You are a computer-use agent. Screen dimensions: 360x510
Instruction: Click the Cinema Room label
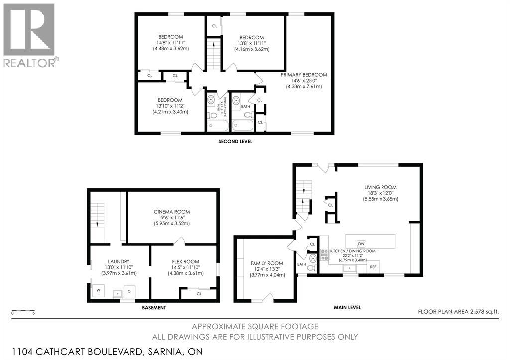[x=171, y=212]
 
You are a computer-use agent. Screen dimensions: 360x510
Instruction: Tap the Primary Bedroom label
[x=303, y=75]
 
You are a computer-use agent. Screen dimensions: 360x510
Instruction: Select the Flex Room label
[x=183, y=261]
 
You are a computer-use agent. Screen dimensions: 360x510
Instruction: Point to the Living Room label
[x=381, y=187]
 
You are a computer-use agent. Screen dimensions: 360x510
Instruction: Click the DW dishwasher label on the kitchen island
[x=361, y=243]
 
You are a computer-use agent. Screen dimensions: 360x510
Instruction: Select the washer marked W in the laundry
[x=98, y=290]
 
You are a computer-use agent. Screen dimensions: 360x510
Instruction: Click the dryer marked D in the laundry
[x=129, y=291]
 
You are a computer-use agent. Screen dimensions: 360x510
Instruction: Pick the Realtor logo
[x=29, y=35]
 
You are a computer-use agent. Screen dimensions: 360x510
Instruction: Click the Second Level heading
[x=235, y=141]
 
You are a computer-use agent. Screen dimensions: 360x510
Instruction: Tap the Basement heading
[x=153, y=308]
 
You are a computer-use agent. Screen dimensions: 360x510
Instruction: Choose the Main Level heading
[x=347, y=307]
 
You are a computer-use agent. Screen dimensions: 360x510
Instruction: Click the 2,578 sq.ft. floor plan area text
[x=458, y=312]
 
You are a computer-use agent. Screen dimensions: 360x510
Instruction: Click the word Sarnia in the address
[x=168, y=351]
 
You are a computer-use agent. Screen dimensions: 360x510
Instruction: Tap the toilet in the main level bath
[x=311, y=268]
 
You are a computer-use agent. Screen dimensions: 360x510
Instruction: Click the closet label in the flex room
[x=199, y=293]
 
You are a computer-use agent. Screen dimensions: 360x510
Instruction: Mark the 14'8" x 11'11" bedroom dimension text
[x=170, y=43]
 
